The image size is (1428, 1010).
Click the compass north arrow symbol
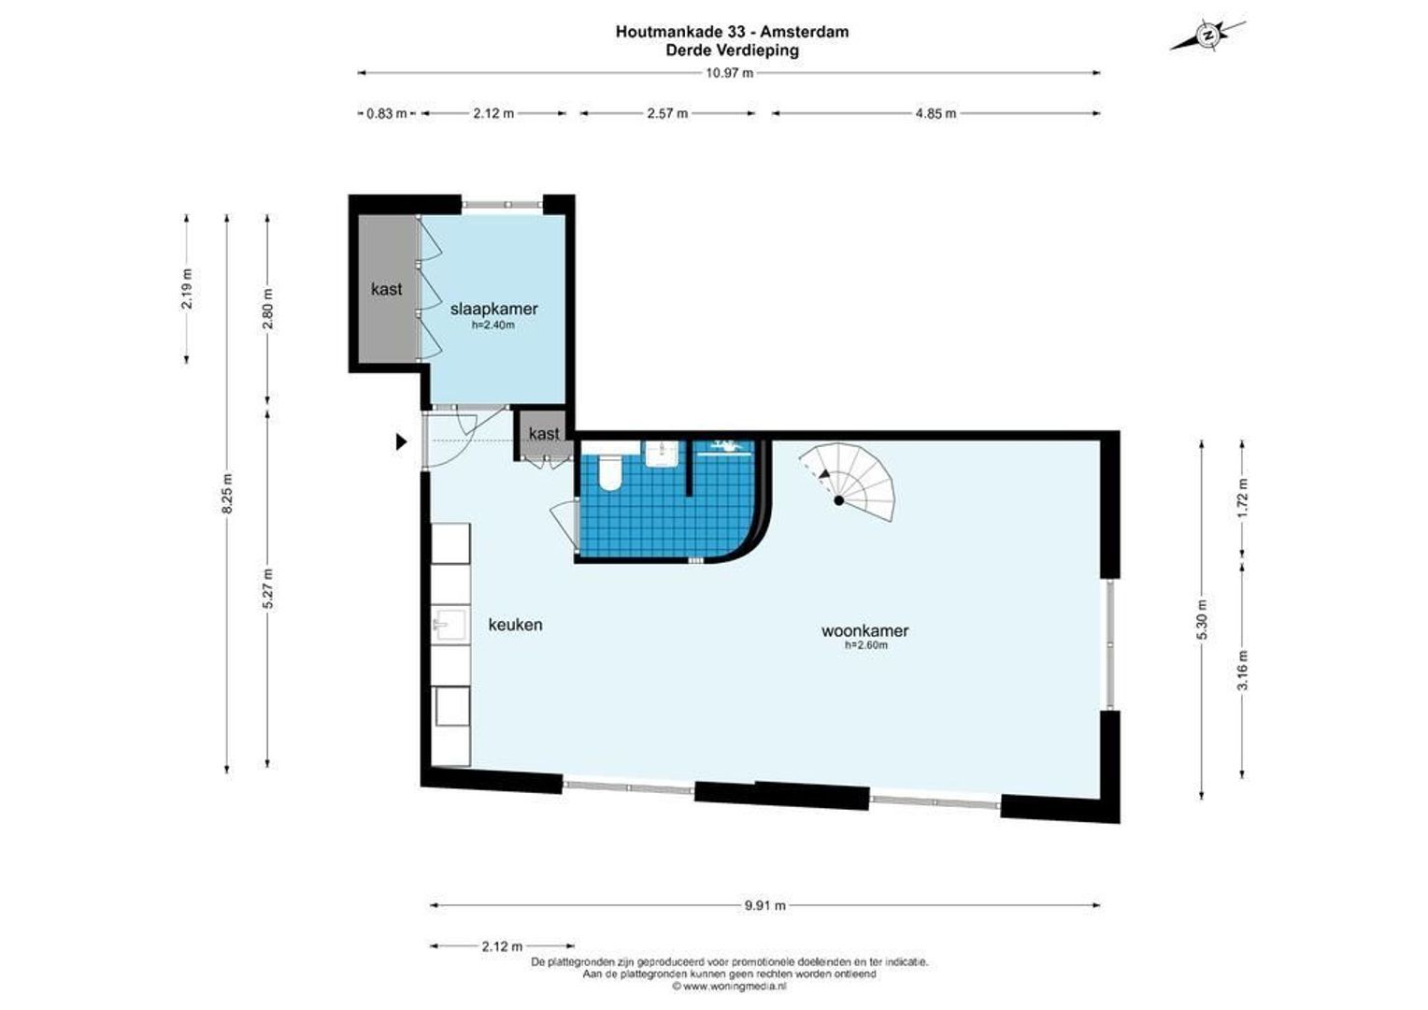[1207, 36]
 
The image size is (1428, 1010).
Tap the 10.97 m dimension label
[729, 73]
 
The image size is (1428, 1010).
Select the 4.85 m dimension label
[935, 113]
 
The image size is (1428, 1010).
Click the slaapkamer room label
[493, 309]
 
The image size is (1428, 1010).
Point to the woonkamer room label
[864, 630]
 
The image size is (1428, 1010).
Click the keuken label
[515, 625]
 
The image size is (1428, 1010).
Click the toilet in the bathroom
[608, 474]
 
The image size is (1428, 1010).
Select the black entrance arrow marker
[402, 441]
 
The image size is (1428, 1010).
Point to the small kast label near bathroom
[544, 433]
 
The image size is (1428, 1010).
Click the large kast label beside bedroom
[386, 289]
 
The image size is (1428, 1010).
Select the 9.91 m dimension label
[764, 905]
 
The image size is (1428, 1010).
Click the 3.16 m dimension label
[1243, 670]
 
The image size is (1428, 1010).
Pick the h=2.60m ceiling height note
[865, 645]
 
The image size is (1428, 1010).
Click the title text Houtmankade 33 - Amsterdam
[732, 32]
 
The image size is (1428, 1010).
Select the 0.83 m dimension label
[386, 113]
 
